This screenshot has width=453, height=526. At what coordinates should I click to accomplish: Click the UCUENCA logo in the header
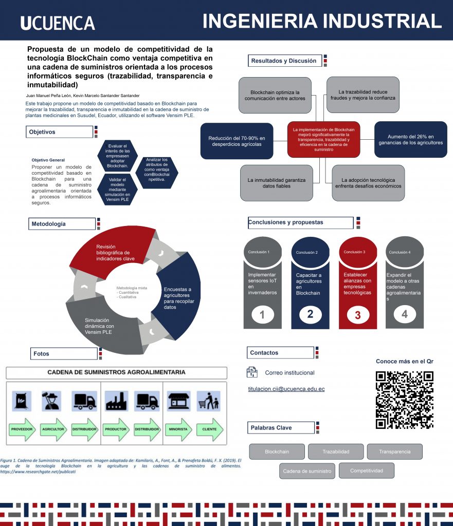pyautogui.click(x=58, y=23)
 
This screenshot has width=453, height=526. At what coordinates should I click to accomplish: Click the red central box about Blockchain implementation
pyautogui.click(x=323, y=139)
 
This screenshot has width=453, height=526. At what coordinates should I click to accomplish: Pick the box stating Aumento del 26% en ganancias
pyautogui.click(x=410, y=139)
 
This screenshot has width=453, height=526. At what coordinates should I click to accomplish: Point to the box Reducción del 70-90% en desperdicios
pyautogui.click(x=237, y=141)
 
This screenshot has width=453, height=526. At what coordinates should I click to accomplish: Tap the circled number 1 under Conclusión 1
pyautogui.click(x=262, y=315)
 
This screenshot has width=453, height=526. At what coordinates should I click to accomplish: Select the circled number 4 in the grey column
pyautogui.click(x=405, y=314)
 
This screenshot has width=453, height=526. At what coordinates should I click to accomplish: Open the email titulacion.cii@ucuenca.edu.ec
pyautogui.click(x=286, y=389)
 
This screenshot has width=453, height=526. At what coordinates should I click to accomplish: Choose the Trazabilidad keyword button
pyautogui.click(x=336, y=452)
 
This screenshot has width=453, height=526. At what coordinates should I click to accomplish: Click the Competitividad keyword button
pyautogui.click(x=367, y=471)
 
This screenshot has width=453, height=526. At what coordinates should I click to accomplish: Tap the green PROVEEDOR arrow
pyautogui.click(x=23, y=429)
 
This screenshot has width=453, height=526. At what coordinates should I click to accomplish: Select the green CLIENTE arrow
pyautogui.click(x=209, y=429)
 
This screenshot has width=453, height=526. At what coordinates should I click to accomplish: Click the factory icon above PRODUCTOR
pyautogui.click(x=116, y=401)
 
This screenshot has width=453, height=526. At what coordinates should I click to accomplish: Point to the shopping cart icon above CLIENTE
pyautogui.click(x=208, y=401)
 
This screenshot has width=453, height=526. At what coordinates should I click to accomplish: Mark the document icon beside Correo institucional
pyautogui.click(x=252, y=372)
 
